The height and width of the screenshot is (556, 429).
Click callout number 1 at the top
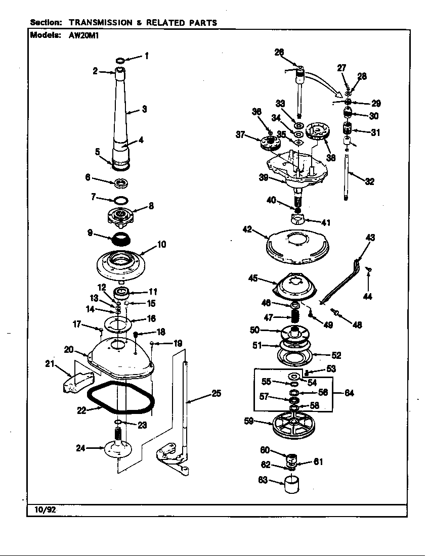(147, 56)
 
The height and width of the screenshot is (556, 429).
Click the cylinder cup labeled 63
(291, 484)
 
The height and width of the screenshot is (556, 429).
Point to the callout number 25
(216, 393)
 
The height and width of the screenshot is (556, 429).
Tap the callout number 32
(369, 181)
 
